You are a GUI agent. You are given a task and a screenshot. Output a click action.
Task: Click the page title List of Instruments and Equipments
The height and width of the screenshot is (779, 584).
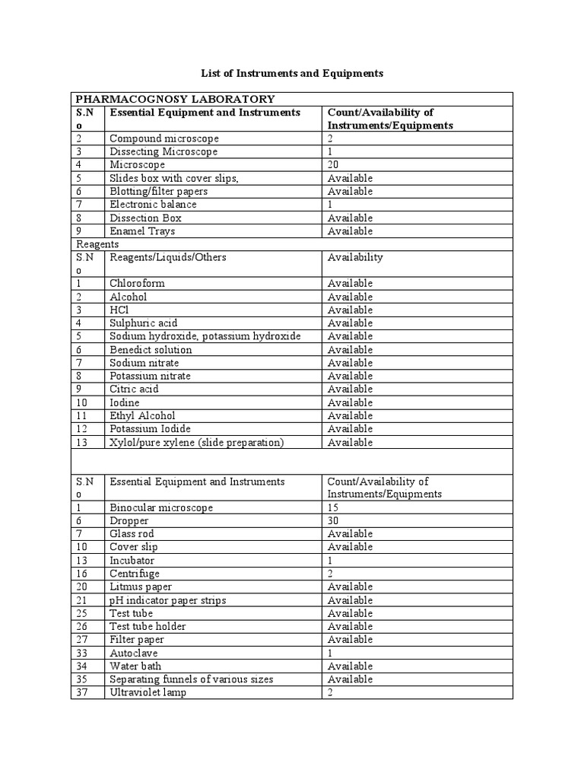[x=292, y=74]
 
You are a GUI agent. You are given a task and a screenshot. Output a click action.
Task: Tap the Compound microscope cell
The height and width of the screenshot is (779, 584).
[x=164, y=138]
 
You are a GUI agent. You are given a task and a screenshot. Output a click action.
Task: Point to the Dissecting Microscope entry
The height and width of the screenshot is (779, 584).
[x=163, y=151]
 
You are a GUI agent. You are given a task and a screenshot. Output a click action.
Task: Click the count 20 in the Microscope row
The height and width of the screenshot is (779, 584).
[x=333, y=164]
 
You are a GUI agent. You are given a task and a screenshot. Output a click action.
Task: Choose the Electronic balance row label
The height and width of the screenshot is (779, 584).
[x=153, y=204]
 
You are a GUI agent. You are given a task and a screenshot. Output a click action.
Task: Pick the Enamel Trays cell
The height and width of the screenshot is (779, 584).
[x=142, y=231]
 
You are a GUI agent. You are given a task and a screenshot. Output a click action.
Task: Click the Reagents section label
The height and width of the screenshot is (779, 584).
[x=97, y=244]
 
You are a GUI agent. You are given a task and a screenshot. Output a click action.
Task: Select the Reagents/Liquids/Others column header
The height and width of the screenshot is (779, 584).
[x=168, y=257]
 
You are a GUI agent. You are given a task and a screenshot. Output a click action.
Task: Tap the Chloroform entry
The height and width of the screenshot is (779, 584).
[x=137, y=283]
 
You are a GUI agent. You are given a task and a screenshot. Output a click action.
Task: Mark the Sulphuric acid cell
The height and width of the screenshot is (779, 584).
[x=144, y=323]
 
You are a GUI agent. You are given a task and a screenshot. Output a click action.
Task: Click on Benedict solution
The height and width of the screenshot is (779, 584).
[x=151, y=350]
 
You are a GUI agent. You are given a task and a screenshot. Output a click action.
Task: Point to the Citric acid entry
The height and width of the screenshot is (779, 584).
[x=135, y=389]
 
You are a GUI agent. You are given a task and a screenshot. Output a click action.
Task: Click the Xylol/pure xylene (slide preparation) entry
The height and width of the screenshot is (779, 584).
[x=196, y=442]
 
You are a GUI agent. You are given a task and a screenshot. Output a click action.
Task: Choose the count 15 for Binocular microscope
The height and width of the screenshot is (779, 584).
[x=333, y=507]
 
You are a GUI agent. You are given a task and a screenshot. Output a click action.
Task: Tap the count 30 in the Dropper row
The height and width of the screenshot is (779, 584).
[x=333, y=520]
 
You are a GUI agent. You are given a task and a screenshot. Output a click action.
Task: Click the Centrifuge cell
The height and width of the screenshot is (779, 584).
[x=135, y=574]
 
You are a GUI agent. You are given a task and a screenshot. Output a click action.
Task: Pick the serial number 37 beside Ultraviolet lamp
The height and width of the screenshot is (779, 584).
[x=82, y=692]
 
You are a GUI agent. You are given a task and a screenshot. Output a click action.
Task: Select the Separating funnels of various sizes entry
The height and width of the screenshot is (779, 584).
[x=191, y=679]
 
